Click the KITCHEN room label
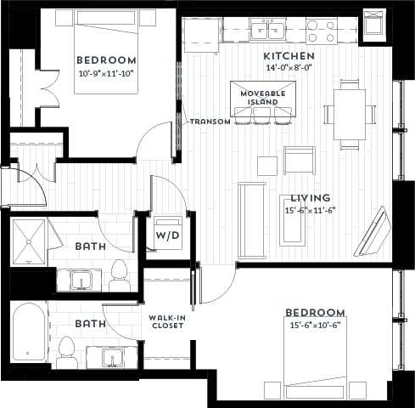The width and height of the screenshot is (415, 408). [289, 55]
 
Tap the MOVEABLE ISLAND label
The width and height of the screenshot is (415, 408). [263, 97]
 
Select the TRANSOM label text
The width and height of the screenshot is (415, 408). [210, 122]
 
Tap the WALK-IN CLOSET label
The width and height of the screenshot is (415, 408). [166, 323]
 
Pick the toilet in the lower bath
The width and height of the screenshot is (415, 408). [66, 350]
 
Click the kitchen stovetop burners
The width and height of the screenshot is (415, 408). [322, 31]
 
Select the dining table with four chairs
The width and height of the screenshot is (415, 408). [350, 113]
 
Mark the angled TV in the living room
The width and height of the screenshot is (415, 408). [373, 232]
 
